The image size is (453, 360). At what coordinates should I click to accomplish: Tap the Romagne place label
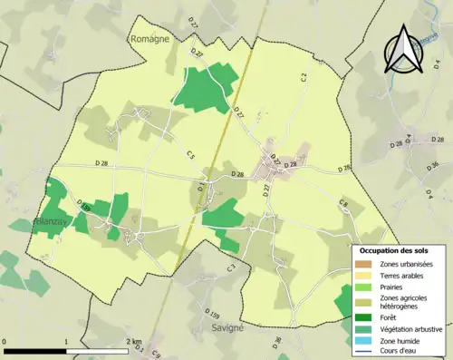[150, 41]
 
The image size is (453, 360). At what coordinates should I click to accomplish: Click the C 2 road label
[304, 79]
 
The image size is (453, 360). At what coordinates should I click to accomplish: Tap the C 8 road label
[343, 203]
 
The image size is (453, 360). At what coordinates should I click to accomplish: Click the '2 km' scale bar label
[133, 342]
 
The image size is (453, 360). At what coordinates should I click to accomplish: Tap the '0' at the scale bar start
[5, 342]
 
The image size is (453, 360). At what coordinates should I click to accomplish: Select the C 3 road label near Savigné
[231, 268]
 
